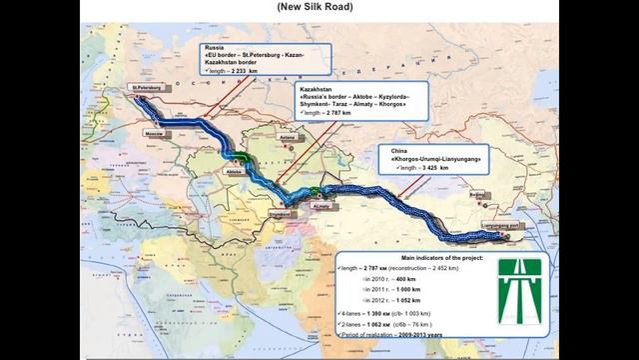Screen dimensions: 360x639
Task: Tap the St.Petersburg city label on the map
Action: (147, 87)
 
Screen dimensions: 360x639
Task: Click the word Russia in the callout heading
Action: (212, 47)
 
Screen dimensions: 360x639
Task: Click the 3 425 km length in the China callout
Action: (429, 168)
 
